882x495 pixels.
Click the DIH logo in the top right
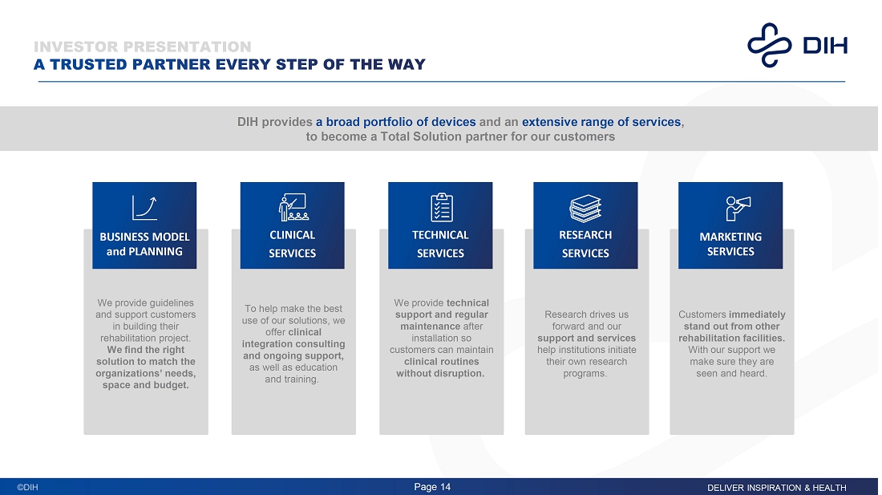pos(797,44)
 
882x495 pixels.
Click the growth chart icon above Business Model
pos(144,207)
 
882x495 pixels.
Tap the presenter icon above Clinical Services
pos(292,207)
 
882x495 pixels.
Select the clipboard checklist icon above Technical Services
pos(440,207)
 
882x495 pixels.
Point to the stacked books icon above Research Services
pos(585,208)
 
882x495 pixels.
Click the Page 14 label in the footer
pos(432,487)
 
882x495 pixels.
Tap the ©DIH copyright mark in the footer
pos(28,488)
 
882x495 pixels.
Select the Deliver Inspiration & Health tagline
pos(776,488)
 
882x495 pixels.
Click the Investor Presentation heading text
pos(143,47)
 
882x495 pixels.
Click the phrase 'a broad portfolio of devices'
pos(395,122)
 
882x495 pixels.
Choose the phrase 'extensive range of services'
pos(601,122)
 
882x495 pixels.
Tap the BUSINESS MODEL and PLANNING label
pos(144,244)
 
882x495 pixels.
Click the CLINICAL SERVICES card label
pos(292,244)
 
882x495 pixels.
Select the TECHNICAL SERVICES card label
pos(440,244)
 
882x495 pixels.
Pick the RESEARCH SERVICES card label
pos(585,244)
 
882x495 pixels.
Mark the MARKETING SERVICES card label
pos(730,244)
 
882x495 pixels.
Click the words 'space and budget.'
pos(146,385)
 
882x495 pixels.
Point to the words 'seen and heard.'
pos(731,373)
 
